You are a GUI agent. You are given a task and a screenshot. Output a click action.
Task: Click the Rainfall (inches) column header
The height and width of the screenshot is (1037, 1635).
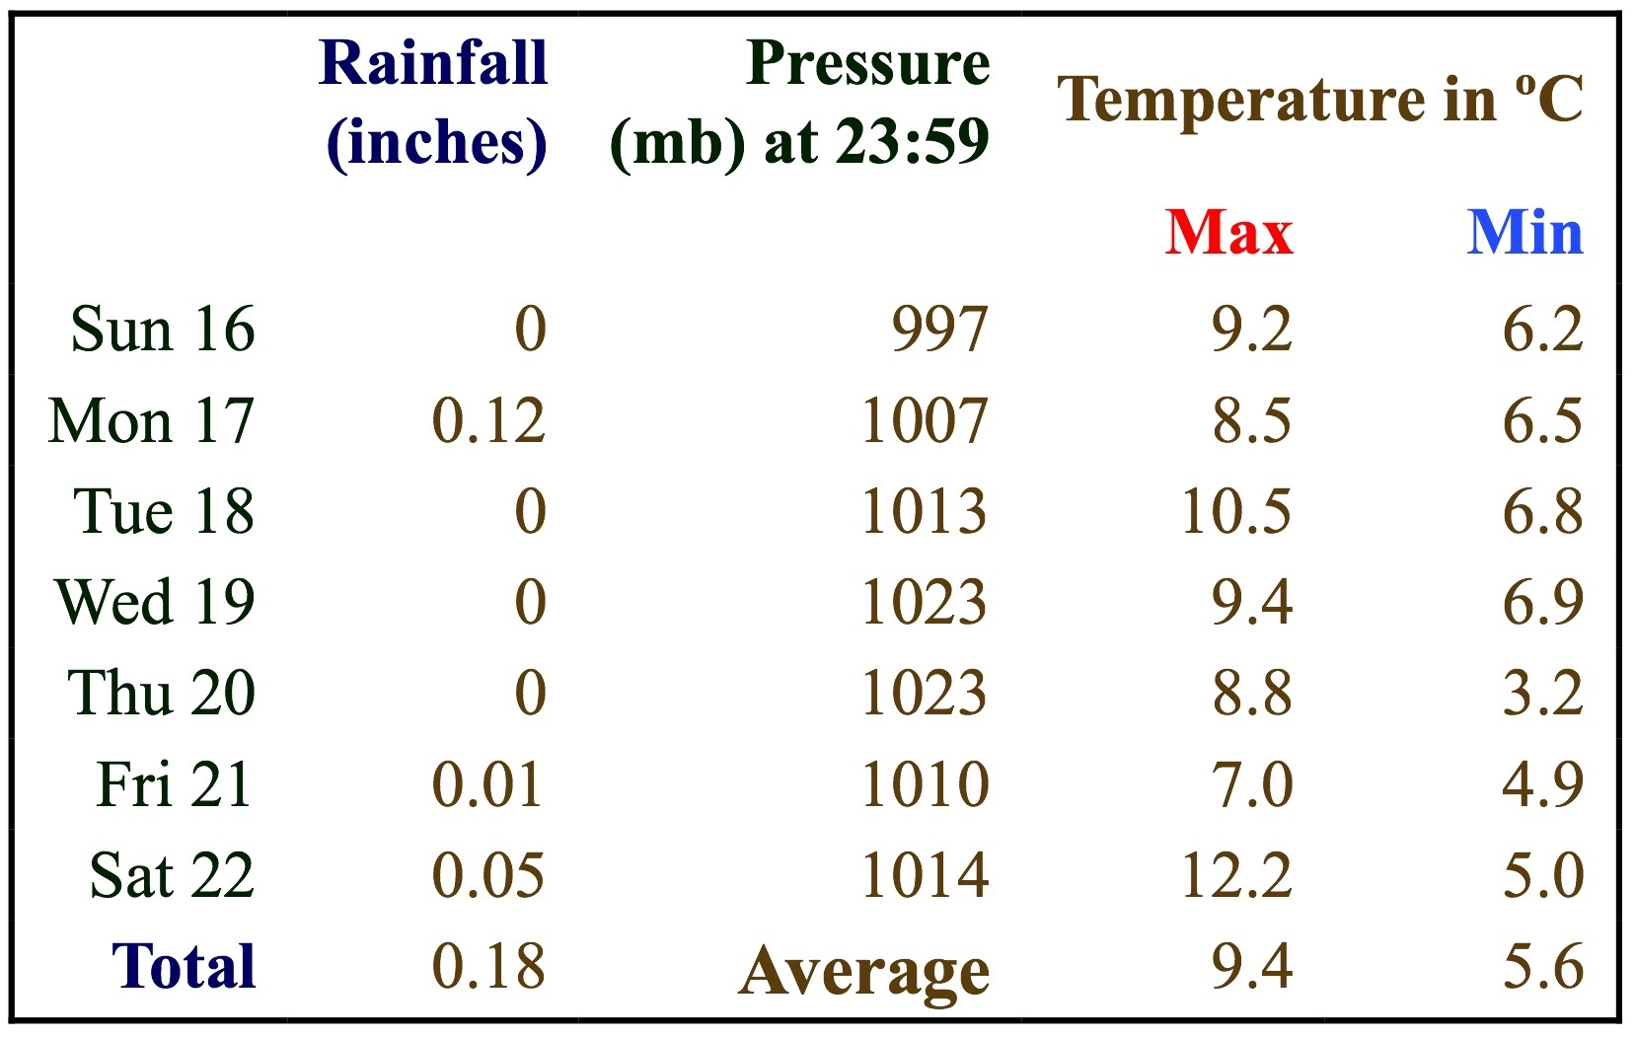point(434,103)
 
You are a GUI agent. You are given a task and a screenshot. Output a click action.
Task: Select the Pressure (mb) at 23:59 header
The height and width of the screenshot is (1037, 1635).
point(800,103)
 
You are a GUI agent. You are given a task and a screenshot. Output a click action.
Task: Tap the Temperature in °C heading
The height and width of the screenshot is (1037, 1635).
point(1320,99)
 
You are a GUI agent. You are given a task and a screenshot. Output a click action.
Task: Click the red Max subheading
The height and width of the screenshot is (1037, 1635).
point(1228,233)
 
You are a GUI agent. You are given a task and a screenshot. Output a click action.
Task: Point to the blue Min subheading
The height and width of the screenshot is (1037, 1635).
point(1524,233)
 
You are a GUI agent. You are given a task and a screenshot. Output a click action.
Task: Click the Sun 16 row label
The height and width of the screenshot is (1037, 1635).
point(163,329)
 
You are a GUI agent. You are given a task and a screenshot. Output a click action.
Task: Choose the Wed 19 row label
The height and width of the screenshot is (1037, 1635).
point(155,602)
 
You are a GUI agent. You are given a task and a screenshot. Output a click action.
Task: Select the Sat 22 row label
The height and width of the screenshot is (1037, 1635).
point(172,875)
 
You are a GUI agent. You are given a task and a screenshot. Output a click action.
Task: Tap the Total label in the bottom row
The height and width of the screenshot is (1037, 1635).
point(184,966)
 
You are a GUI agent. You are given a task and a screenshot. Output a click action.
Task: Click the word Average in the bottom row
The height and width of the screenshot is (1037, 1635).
point(864,972)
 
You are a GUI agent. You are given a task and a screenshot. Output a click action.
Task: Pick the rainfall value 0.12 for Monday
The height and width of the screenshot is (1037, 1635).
point(488,421)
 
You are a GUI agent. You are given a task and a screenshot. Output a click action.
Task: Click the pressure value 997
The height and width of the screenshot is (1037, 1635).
point(939,329)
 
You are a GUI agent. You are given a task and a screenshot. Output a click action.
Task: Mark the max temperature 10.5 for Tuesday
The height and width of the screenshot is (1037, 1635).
point(1236,511)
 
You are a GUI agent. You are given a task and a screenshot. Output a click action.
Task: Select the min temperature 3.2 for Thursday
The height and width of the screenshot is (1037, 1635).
point(1542,693)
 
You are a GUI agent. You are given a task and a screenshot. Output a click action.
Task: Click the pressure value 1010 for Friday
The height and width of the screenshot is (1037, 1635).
point(925,784)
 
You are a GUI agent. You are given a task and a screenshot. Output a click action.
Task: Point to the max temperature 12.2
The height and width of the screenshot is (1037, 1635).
point(1236,875)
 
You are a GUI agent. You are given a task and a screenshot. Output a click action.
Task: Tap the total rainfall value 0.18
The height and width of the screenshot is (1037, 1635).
point(488,966)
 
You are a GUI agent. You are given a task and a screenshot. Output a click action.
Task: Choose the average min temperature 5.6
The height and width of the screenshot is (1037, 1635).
point(1542,966)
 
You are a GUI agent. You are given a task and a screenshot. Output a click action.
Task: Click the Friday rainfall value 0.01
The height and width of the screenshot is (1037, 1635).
point(488,784)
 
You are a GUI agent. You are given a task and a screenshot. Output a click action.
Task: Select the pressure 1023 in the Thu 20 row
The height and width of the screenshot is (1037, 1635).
point(925,693)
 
